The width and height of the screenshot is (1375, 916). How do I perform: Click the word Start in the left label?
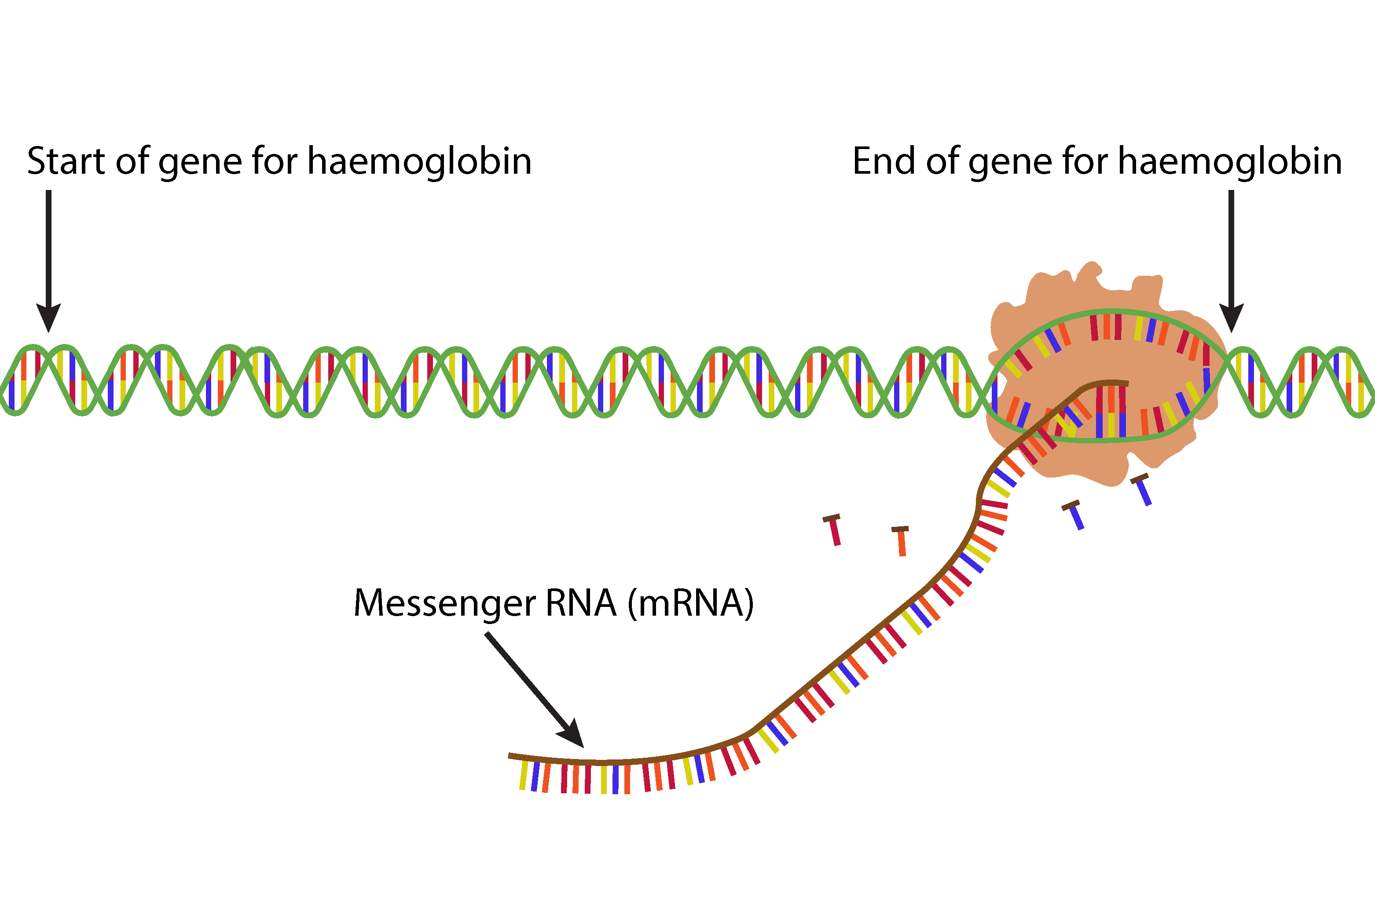pos(66,161)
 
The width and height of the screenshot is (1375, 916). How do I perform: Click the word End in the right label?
pos(884,161)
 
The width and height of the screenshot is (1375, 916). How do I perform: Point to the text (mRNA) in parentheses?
pos(691,603)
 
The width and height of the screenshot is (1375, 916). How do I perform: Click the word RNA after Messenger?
pos(581,603)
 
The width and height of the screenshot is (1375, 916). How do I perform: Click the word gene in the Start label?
pos(199,162)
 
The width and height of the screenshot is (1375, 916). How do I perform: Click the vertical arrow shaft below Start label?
pos(48,245)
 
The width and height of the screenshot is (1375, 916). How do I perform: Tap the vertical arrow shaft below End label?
pos(1231,245)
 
